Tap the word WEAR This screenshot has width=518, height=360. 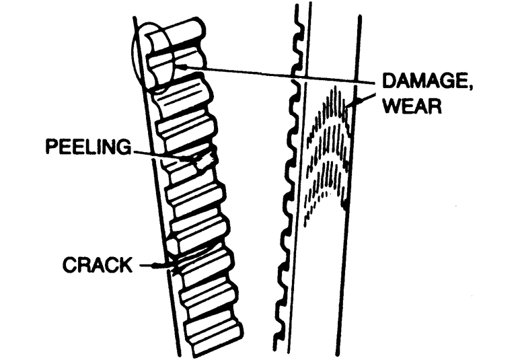click(412, 106)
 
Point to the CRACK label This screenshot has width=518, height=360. click(97, 264)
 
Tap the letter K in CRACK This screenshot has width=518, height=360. click(126, 264)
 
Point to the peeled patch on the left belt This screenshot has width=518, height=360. click(201, 161)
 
